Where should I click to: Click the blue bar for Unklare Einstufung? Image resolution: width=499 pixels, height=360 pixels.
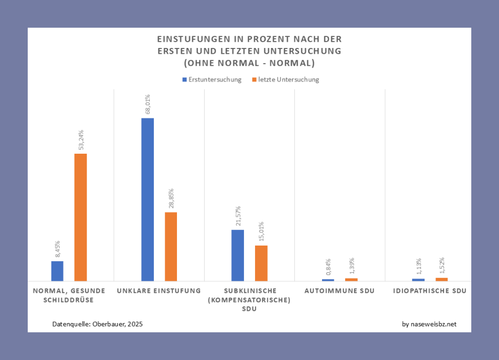(x=147, y=199)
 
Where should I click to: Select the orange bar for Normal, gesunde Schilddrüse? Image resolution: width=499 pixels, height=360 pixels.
(x=80, y=217)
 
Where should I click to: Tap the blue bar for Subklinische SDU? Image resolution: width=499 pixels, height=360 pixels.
(x=238, y=255)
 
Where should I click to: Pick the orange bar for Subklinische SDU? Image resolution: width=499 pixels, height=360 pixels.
(x=261, y=263)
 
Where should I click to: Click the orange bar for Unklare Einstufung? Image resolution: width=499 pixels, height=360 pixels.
(x=171, y=246)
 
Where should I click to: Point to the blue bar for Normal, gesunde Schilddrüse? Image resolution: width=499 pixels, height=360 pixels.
(x=57, y=270)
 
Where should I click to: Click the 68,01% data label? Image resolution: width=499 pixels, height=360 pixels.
(x=148, y=105)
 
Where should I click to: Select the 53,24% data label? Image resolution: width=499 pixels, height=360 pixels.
(x=81, y=140)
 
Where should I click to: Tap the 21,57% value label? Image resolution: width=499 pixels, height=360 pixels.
(x=238, y=217)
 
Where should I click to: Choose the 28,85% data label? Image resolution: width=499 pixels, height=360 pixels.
(x=171, y=199)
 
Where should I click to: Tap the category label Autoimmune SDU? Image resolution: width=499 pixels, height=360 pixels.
(x=339, y=291)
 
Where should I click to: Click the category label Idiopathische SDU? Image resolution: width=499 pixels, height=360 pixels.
(x=430, y=291)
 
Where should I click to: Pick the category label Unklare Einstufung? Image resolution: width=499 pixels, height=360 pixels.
(x=158, y=291)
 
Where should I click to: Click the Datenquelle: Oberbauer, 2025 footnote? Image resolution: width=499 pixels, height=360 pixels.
(x=97, y=324)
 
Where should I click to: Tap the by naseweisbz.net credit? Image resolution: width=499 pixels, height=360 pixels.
(x=429, y=324)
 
